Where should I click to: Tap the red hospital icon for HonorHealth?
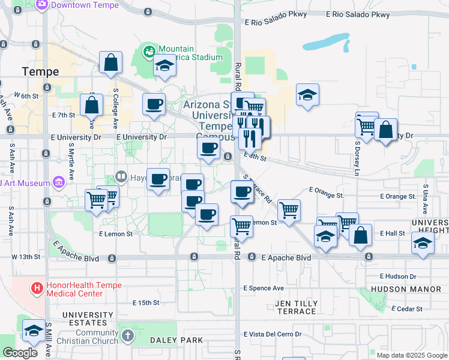(37, 289)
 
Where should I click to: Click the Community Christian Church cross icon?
(126, 336)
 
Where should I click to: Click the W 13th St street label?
(26, 257)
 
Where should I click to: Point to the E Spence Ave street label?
(264, 288)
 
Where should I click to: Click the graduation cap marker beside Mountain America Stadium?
(164, 65)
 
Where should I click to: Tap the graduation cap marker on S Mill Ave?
(34, 331)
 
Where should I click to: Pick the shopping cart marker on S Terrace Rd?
(289, 210)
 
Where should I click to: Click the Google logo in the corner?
(20, 353)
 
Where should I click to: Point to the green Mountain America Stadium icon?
(149, 52)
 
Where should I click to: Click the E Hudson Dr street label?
(399, 277)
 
